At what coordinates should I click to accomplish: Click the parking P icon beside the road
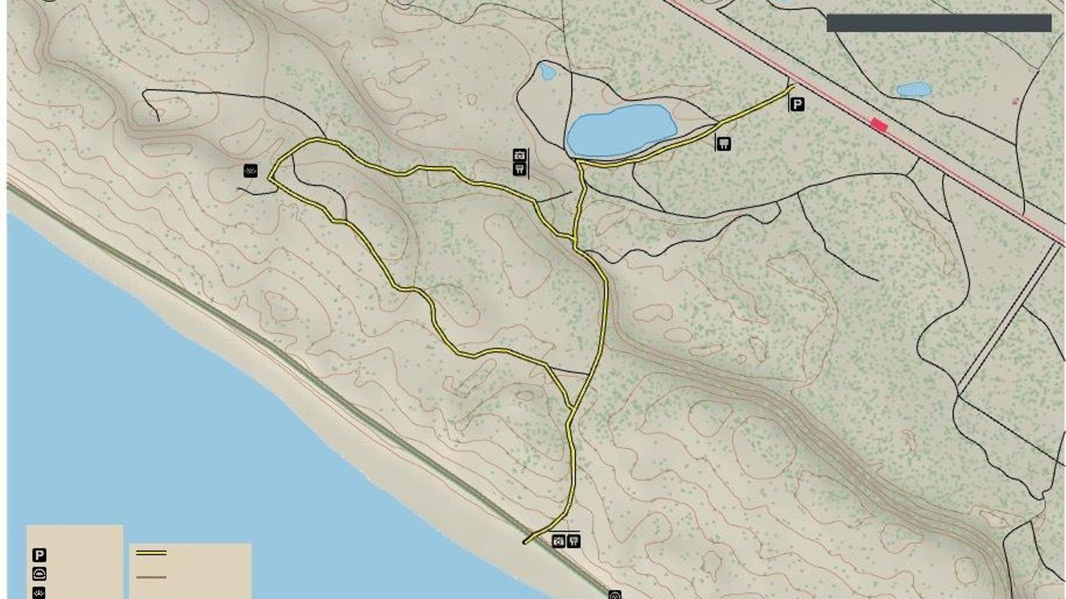point(797,104)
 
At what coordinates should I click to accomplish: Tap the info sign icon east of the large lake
point(724,143)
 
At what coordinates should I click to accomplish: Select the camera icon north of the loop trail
point(520,156)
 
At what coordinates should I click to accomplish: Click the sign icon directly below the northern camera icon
point(520,169)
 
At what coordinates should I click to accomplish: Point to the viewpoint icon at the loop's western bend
point(251,171)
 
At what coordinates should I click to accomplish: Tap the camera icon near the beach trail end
point(558,541)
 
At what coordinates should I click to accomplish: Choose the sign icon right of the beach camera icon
point(573,541)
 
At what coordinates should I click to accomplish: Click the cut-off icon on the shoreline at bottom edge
point(615,594)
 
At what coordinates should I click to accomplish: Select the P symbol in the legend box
point(39,555)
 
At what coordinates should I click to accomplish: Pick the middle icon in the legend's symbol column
point(39,574)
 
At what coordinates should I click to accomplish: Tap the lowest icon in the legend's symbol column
point(39,592)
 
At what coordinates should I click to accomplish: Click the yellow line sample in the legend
point(151,552)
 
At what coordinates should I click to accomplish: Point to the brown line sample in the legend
point(151,577)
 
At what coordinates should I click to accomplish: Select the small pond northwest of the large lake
point(547,71)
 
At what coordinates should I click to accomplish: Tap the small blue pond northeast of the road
point(913,89)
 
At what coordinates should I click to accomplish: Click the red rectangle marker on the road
point(879,124)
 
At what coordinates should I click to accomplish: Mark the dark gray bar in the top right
point(938,23)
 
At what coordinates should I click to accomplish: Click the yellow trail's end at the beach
point(526,542)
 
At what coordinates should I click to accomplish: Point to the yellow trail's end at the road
point(793,85)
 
